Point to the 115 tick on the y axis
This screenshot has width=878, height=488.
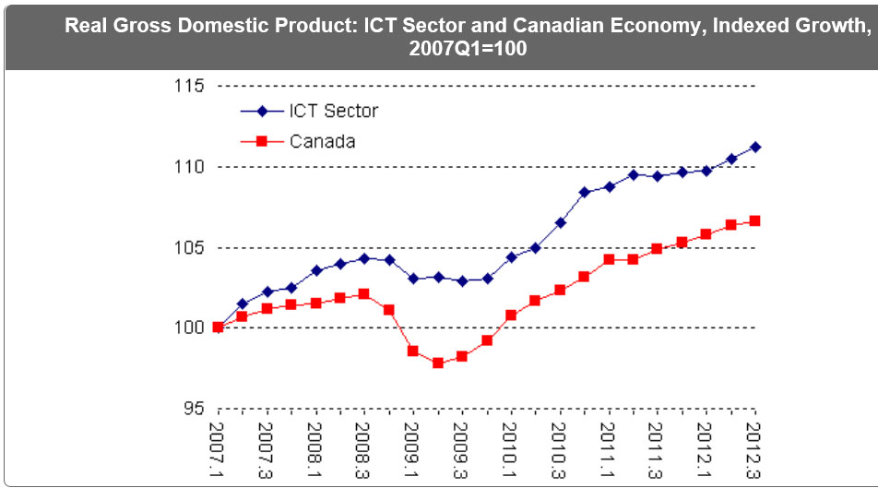click(x=188, y=86)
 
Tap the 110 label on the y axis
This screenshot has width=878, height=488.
click(x=188, y=167)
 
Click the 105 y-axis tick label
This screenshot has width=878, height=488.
click(x=188, y=247)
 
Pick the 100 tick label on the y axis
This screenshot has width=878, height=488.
click(x=188, y=327)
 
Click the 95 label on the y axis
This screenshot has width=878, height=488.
click(x=193, y=408)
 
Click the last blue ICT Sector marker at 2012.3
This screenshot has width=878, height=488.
click(x=755, y=147)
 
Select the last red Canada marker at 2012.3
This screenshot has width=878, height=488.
click(x=755, y=220)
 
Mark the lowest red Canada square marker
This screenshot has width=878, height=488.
click(x=438, y=363)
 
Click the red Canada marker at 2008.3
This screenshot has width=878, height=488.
click(x=364, y=294)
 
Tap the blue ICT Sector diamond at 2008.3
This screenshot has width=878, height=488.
click(x=364, y=258)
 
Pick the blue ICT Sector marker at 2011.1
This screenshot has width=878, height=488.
click(x=609, y=186)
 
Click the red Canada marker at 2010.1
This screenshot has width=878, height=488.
click(x=511, y=315)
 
